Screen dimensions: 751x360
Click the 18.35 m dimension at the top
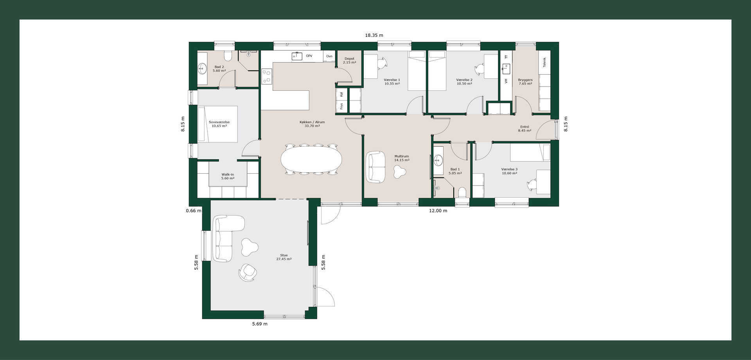point(374,35)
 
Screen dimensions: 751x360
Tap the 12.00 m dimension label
point(438,211)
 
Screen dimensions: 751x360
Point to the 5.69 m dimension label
point(260,324)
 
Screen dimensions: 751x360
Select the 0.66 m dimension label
point(194,211)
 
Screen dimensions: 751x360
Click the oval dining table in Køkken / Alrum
point(311,159)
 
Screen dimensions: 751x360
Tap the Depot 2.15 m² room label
point(349,61)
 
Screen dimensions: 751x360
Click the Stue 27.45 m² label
point(284,257)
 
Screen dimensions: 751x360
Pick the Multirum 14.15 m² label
point(402,158)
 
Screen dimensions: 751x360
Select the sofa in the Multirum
point(376,167)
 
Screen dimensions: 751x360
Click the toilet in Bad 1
point(462,193)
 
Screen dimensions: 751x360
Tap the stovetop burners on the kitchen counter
point(267,76)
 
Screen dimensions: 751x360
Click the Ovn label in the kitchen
point(329,56)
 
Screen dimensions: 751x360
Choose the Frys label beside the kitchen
point(341,106)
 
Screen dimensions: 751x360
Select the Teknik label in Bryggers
point(544,62)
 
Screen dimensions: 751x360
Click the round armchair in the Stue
point(248,272)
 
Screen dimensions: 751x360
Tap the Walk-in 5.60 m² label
point(228,176)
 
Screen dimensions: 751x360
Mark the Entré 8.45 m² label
point(525,129)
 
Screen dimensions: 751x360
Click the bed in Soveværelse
point(217,124)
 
